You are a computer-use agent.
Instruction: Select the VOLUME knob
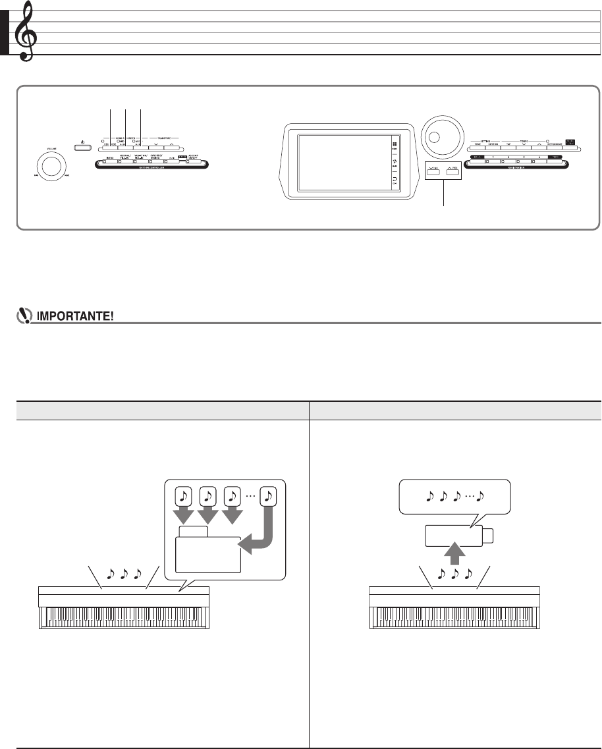(47, 161)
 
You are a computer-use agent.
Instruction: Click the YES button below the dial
(452, 170)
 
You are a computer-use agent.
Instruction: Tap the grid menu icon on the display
(395, 145)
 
